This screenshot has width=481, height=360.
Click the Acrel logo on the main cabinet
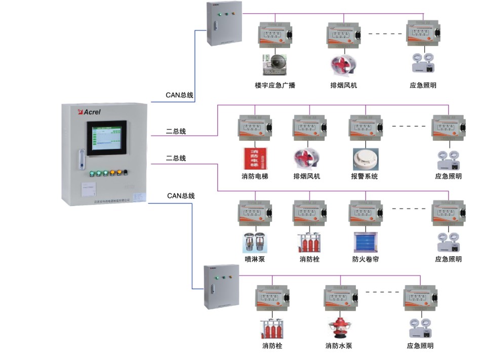tap(89, 111)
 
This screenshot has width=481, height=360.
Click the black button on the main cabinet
tap(125, 173)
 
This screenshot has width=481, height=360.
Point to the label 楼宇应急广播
tap(275, 85)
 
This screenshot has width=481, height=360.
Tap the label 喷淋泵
tap(255, 259)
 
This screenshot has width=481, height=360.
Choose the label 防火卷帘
tap(366, 259)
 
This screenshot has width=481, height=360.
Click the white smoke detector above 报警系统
tap(365, 157)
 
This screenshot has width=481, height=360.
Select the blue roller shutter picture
tap(365, 242)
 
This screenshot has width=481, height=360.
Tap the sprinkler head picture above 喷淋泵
tap(255, 242)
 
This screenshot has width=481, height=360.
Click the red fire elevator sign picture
tap(255, 158)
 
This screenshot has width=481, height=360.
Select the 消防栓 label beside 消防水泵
tap(272, 346)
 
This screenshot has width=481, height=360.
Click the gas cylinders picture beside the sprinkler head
tap(309, 242)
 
